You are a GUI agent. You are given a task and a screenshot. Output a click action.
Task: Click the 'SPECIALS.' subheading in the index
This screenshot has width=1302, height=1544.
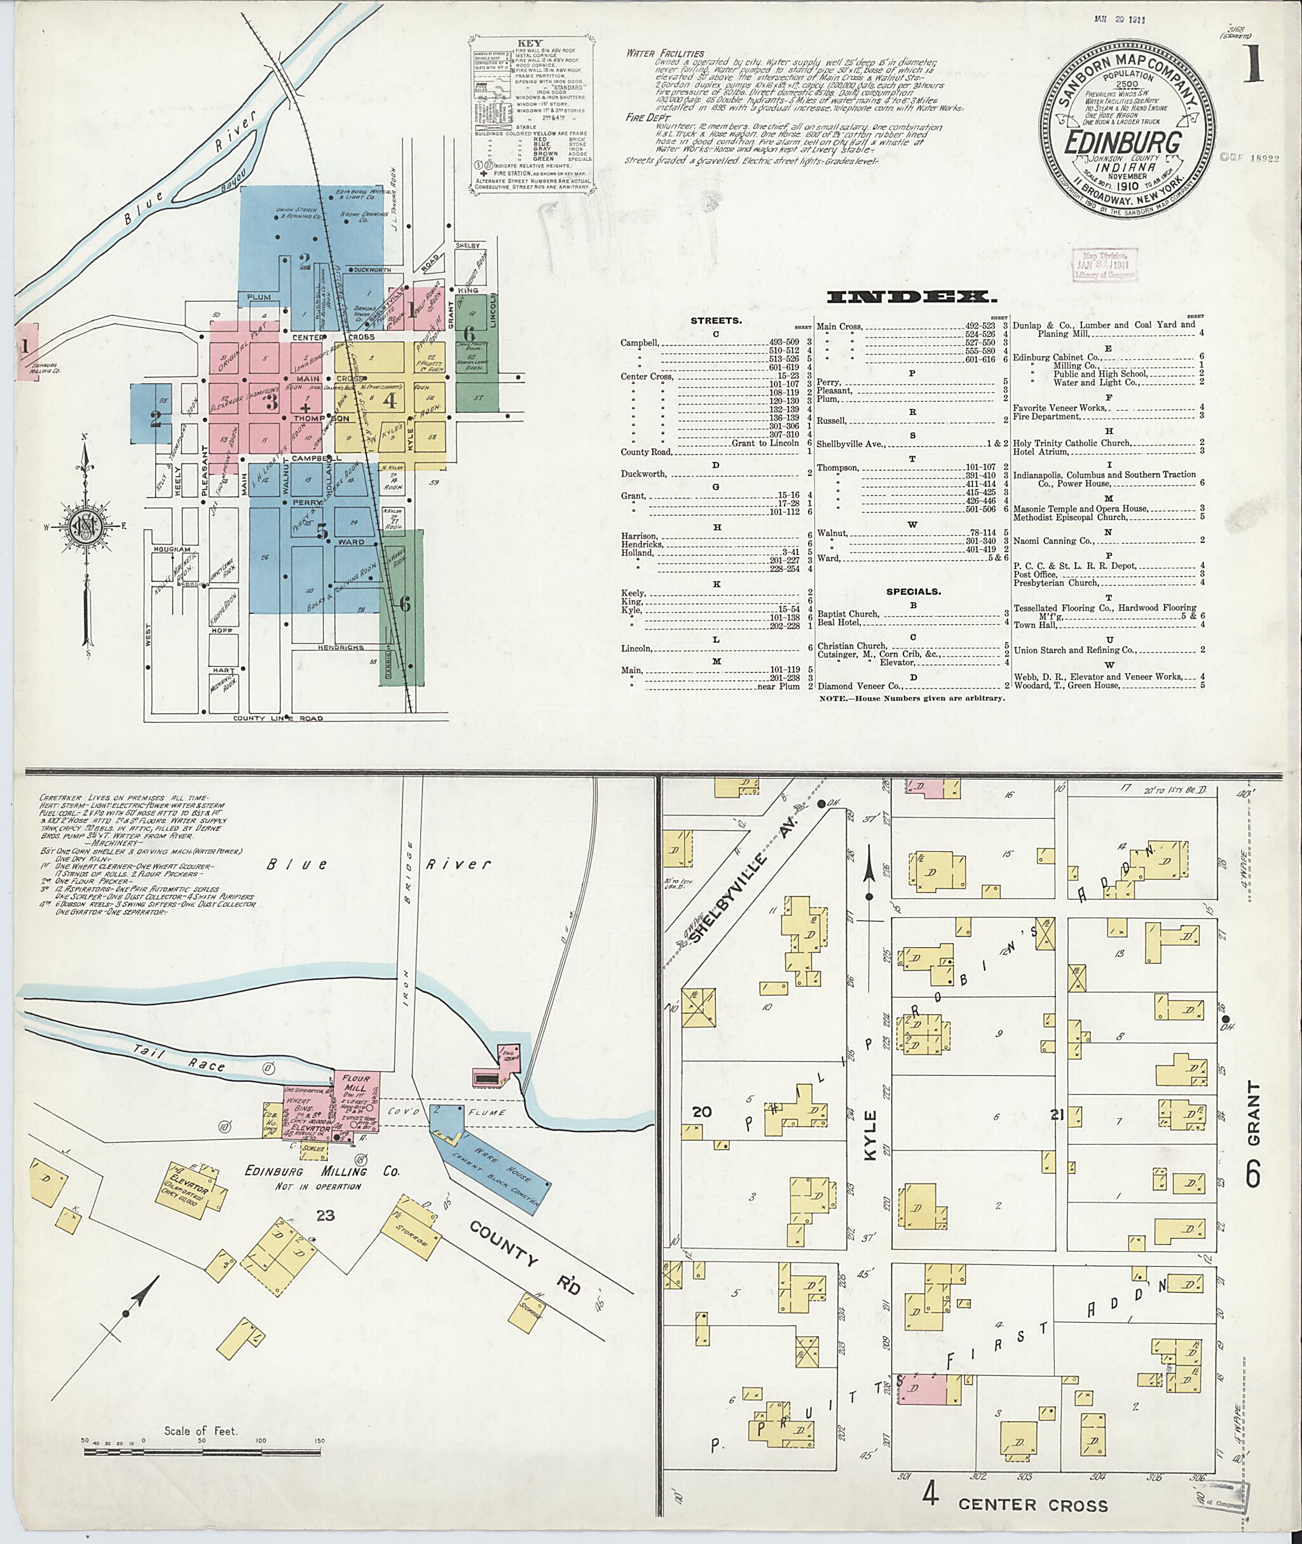[913, 591]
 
